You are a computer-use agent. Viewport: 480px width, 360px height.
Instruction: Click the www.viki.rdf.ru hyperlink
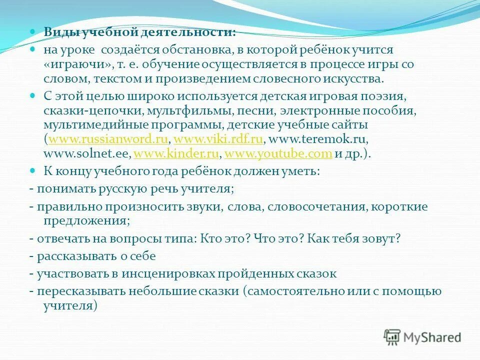click(217, 139)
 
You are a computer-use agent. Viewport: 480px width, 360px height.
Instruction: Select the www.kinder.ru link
click(177, 153)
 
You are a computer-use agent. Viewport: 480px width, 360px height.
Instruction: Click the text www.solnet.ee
click(87, 153)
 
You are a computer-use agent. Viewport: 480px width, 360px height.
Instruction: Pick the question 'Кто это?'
click(224, 238)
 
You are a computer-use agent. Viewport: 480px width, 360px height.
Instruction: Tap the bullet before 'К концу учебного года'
click(33, 170)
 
